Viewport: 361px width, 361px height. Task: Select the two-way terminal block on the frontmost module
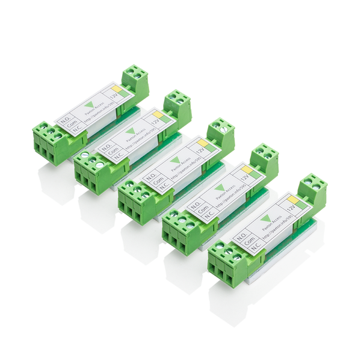click(312, 191)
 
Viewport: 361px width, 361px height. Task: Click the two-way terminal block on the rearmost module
click(135, 82)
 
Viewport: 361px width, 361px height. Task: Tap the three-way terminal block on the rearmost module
click(50, 143)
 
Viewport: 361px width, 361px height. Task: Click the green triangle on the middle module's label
click(175, 161)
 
